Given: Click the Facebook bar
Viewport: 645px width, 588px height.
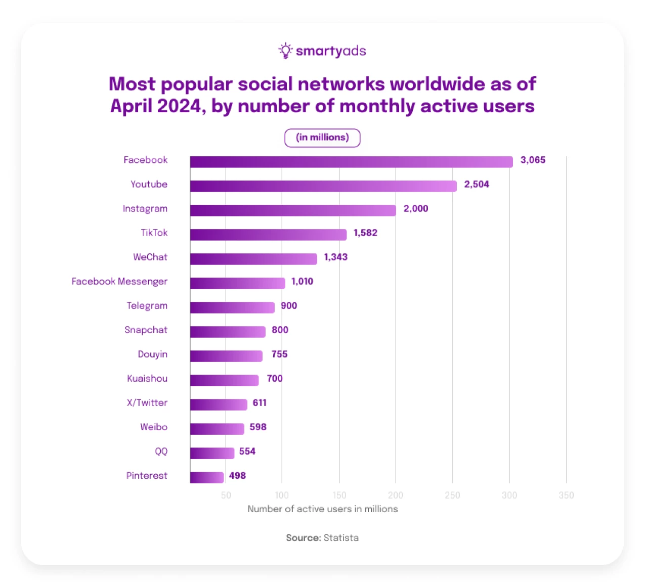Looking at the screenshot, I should pyautogui.click(x=351, y=162).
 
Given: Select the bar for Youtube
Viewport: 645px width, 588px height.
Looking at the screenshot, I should pyautogui.click(x=323, y=186).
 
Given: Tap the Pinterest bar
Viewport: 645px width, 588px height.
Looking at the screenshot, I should pyautogui.click(x=207, y=477).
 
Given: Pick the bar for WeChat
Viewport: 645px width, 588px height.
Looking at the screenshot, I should pyautogui.click(x=253, y=259).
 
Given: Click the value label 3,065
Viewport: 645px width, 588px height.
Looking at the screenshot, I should pyautogui.click(x=533, y=160).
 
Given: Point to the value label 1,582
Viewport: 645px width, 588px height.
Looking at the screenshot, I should pyautogui.click(x=365, y=233).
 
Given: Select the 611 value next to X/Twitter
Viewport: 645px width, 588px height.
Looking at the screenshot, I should pyautogui.click(x=260, y=403).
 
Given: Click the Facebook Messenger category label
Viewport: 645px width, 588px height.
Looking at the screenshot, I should pyautogui.click(x=119, y=282).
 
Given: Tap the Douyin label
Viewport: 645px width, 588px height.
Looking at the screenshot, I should pyautogui.click(x=152, y=354).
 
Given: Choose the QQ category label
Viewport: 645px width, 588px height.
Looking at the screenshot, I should pyautogui.click(x=161, y=451).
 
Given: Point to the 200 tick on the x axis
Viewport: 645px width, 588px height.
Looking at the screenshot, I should pyautogui.click(x=396, y=495).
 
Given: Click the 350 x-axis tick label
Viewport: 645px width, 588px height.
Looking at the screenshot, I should pyautogui.click(x=566, y=495).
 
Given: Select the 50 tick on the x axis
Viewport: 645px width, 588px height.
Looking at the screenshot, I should pyautogui.click(x=226, y=495).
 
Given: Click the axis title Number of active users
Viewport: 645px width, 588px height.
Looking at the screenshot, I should pyautogui.click(x=322, y=509).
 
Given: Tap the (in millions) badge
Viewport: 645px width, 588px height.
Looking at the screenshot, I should pyautogui.click(x=322, y=138).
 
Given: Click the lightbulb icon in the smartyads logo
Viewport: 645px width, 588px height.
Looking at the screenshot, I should pyautogui.click(x=285, y=51).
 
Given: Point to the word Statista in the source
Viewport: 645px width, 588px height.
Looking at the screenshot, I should pyautogui.click(x=341, y=538).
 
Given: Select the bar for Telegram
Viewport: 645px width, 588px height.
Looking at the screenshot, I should pyautogui.click(x=232, y=307).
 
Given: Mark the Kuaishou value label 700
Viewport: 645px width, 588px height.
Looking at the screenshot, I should pyautogui.click(x=275, y=379).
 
